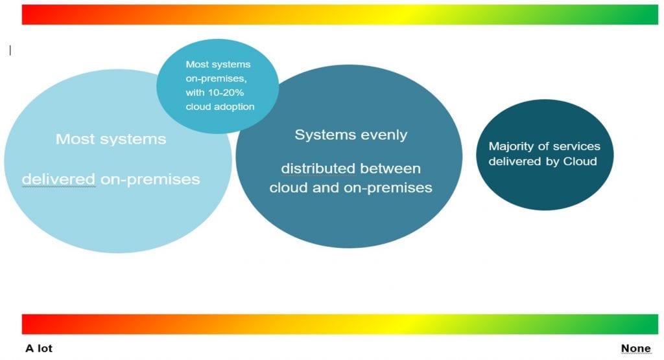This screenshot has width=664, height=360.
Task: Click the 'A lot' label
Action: coord(39,348)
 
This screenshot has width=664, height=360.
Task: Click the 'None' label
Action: coord(635,348)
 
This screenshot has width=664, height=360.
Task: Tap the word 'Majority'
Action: coord(510,146)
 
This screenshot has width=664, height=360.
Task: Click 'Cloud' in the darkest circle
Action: coord(582,161)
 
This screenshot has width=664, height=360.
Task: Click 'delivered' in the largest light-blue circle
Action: coord(59,179)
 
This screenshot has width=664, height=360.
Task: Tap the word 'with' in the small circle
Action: coord(195,92)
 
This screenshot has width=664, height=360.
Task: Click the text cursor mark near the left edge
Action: coord(10,50)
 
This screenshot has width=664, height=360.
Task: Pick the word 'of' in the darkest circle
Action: coord(540,146)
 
